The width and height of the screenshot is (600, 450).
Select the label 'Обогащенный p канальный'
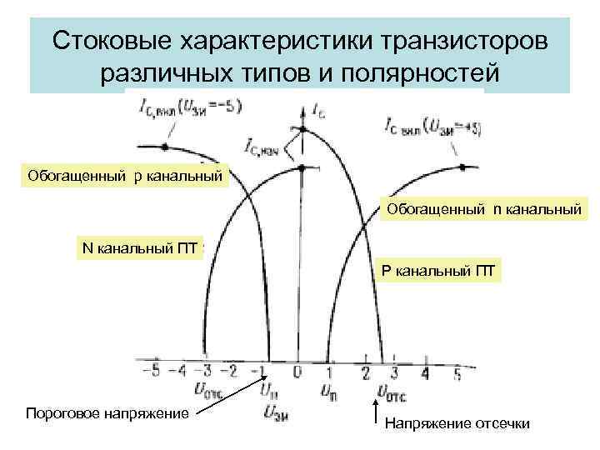tap(126, 176)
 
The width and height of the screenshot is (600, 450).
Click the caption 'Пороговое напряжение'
tap(107, 413)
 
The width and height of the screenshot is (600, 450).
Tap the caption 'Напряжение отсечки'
tap(457, 424)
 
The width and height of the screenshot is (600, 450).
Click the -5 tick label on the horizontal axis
tap(146, 371)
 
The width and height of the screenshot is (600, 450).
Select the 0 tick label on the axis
tap(297, 371)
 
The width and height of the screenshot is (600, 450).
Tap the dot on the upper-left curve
tap(165, 146)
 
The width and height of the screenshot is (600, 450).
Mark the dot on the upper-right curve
tap(462, 168)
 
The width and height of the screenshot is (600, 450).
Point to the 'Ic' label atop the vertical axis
tap(317, 109)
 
